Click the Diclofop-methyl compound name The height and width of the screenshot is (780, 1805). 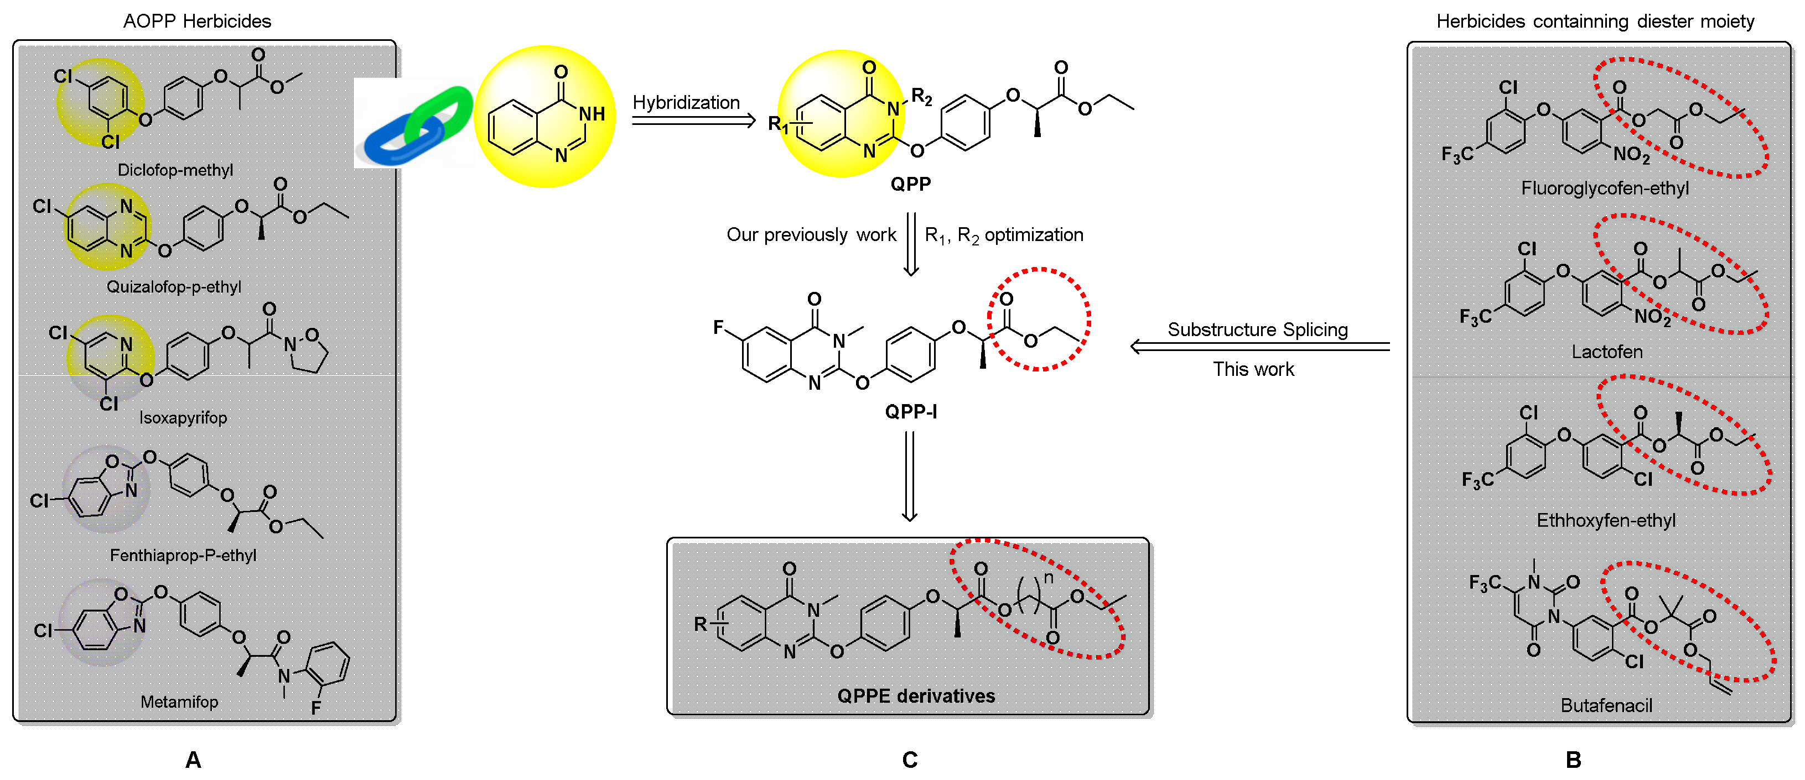tap(175, 170)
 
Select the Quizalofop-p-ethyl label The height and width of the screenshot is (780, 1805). tap(174, 287)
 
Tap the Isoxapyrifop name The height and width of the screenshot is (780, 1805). tap(183, 418)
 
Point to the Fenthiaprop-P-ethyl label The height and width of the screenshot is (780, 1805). tap(183, 555)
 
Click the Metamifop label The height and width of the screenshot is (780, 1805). tap(179, 702)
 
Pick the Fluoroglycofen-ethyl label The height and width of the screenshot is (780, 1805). tap(1605, 189)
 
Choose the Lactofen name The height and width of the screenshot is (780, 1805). tap(1607, 352)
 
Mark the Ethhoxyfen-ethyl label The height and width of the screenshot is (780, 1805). tap(1606, 520)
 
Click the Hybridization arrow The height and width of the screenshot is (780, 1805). tap(694, 121)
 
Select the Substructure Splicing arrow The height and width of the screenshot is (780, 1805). tap(1260, 347)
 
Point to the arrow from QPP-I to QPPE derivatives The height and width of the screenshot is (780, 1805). tap(910, 476)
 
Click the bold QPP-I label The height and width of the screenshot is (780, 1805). tap(910, 412)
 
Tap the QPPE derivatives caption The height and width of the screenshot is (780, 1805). tap(916, 696)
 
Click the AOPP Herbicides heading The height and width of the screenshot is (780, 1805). tap(197, 21)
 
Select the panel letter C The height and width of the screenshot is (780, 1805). tap(910, 760)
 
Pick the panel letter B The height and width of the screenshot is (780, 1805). tap(1573, 760)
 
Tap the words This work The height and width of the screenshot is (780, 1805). tap(1253, 369)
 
